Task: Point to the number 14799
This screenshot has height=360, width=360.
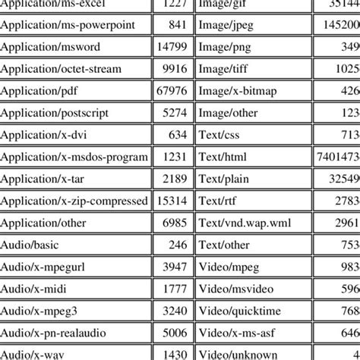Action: [x=171, y=47]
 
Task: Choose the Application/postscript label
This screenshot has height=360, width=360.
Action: [x=55, y=113]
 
